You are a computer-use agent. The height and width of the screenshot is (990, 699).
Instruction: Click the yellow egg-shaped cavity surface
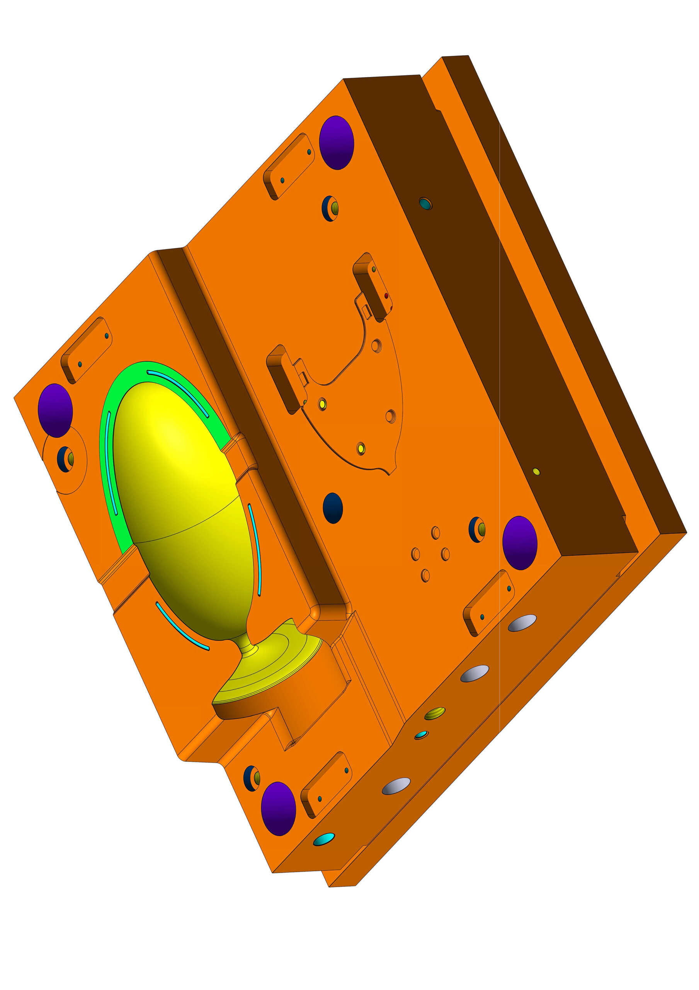click(181, 496)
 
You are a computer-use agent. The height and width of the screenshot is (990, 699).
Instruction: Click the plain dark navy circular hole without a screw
click(333, 508)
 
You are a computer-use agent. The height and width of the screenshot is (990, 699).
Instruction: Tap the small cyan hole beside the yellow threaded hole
click(421, 735)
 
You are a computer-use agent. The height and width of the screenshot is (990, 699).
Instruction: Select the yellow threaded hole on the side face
click(434, 713)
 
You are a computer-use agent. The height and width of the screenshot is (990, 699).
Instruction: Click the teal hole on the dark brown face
click(425, 203)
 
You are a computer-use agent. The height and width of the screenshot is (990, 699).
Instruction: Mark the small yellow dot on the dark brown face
click(536, 472)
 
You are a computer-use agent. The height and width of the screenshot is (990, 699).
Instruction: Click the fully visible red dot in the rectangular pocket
click(386, 295)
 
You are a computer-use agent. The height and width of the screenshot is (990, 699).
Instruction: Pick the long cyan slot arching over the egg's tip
click(177, 393)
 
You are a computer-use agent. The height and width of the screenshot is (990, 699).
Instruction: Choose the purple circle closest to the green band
click(55, 410)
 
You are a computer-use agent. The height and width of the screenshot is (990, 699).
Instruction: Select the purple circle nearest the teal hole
click(337, 142)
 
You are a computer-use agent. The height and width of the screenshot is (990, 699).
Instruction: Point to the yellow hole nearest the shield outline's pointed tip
click(361, 449)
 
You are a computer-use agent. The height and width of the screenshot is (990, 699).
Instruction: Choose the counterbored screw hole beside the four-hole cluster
click(477, 529)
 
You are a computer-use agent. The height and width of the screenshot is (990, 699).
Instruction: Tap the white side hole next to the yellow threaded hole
click(474, 674)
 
